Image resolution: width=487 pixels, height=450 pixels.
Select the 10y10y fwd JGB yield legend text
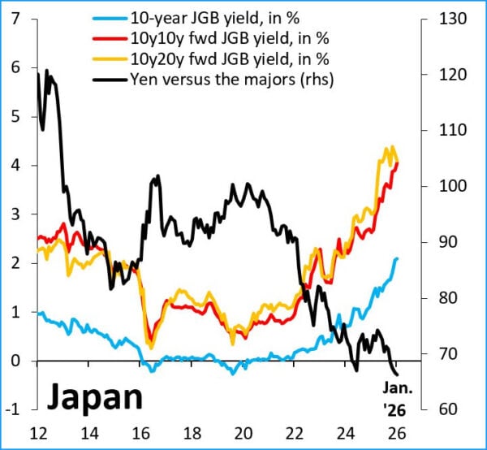(x=217, y=38)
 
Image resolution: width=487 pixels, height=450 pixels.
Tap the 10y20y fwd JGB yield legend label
(x=217, y=58)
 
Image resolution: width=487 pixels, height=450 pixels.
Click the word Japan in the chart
(x=93, y=397)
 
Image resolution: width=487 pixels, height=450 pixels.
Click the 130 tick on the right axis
(x=439, y=19)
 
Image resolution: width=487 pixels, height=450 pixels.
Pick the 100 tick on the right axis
(x=439, y=186)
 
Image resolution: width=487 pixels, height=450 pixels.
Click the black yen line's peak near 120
(x=47, y=71)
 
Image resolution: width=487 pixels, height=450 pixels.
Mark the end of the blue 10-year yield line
(x=397, y=258)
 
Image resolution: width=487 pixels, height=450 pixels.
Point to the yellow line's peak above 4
(x=392, y=148)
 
